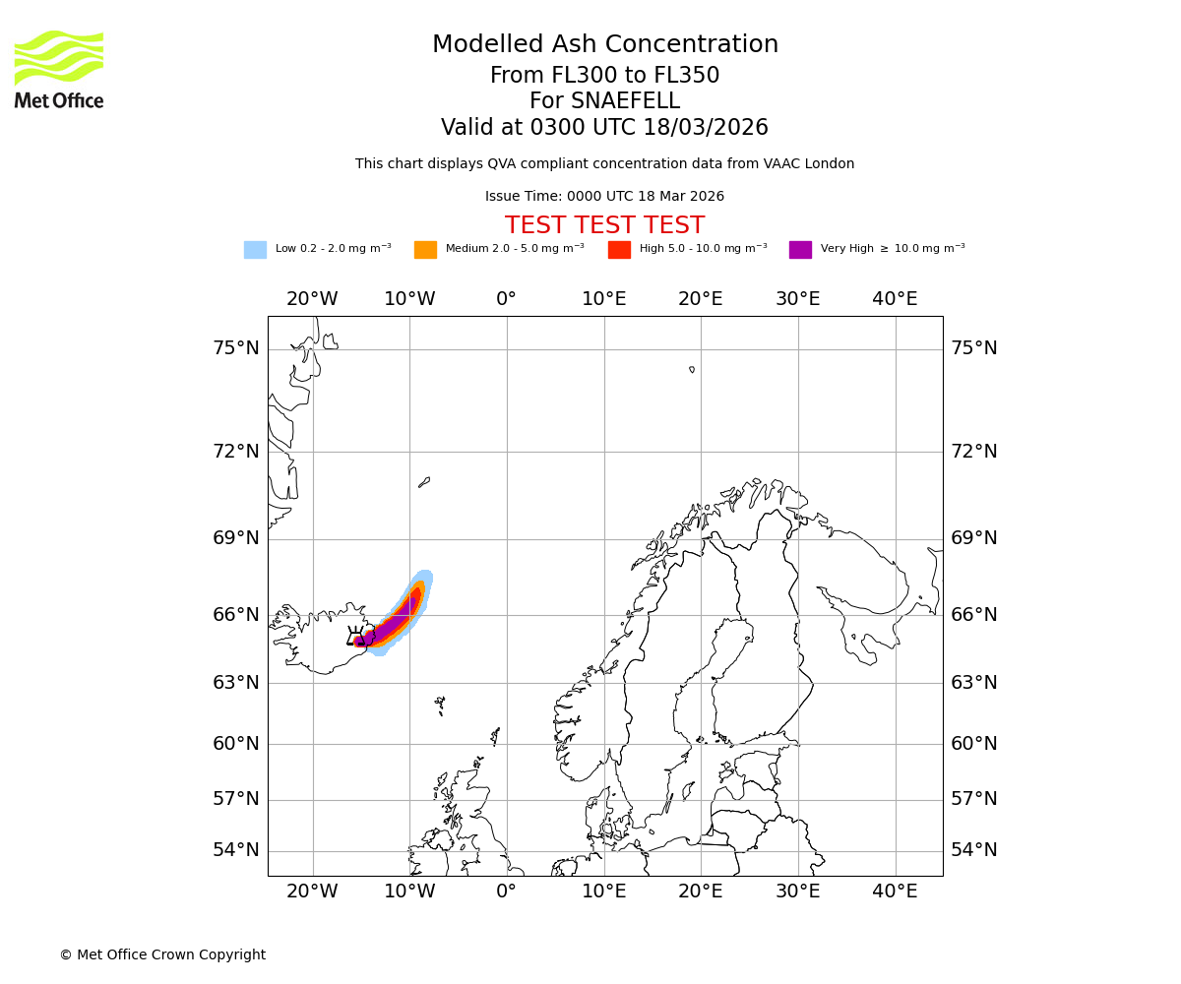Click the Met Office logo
point(59,69)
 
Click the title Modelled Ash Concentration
point(604,44)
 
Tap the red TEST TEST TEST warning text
point(604,225)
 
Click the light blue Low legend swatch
point(255,250)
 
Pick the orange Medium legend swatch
point(425,250)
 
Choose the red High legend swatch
point(619,250)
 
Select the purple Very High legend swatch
point(800,250)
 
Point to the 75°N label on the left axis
point(236,348)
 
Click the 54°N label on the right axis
point(973,850)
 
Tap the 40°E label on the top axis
point(895,299)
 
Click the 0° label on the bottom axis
point(506,892)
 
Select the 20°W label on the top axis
point(312,299)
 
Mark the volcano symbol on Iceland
point(356,637)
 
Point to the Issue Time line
point(604,197)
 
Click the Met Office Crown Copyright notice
point(162,954)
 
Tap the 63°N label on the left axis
point(236,683)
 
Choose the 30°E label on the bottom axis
point(797,892)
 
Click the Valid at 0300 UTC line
point(604,128)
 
